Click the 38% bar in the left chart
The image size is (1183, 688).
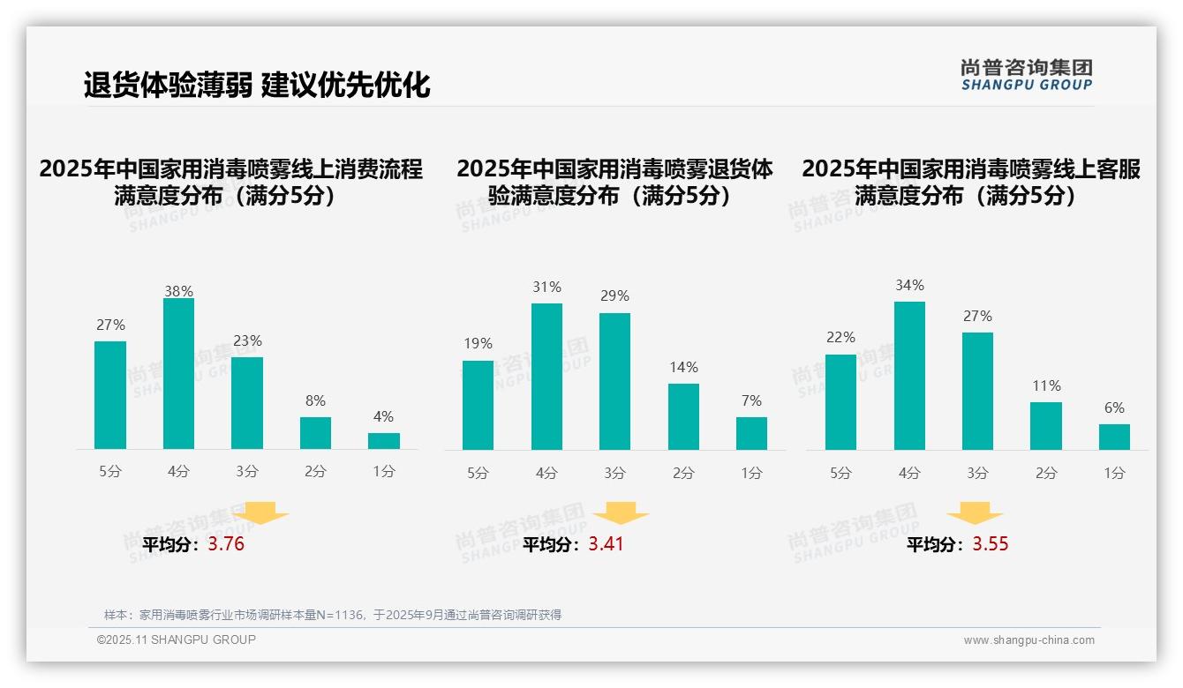point(178,374)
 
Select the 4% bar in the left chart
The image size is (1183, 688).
point(384,441)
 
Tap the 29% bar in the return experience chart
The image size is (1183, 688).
point(614,381)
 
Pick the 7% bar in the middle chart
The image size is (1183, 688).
point(751,433)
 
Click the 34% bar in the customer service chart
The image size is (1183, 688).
point(909,376)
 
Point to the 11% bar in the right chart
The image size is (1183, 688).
point(1046,426)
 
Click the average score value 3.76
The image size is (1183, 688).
point(226,544)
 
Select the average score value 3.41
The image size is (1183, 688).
point(606,544)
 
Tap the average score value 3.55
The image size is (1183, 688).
point(991,544)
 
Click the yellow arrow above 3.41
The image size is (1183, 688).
point(621,513)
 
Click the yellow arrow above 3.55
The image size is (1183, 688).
point(975,513)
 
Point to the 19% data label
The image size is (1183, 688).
point(478,344)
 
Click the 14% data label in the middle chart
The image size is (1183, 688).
point(683,367)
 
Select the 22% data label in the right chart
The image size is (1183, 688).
point(840,338)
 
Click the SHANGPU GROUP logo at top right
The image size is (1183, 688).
point(1026,75)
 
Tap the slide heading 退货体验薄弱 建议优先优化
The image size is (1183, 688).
point(256,85)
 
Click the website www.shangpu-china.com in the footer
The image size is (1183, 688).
point(1029,640)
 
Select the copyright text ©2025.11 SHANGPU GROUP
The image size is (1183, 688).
point(177,639)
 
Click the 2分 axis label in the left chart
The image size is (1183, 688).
point(315,472)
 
